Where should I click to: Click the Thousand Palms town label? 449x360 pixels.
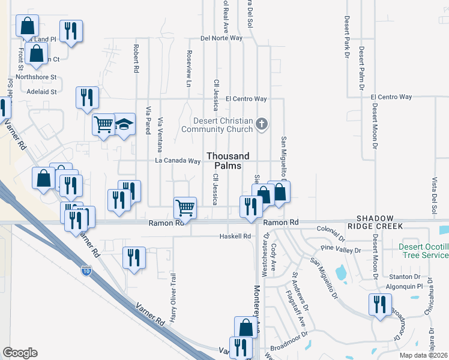click(228, 161)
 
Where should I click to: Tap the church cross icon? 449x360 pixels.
click(261, 124)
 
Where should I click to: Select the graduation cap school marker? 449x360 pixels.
click(125, 125)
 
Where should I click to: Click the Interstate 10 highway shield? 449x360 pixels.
click(87, 272)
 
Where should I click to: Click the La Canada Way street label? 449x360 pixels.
click(178, 161)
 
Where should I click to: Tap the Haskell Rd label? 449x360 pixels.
click(235, 236)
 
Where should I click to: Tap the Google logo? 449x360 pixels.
click(20, 353)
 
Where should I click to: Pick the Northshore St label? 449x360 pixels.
click(36, 77)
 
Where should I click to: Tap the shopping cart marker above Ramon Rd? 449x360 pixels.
click(185, 208)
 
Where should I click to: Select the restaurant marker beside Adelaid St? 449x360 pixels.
click(87, 97)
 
